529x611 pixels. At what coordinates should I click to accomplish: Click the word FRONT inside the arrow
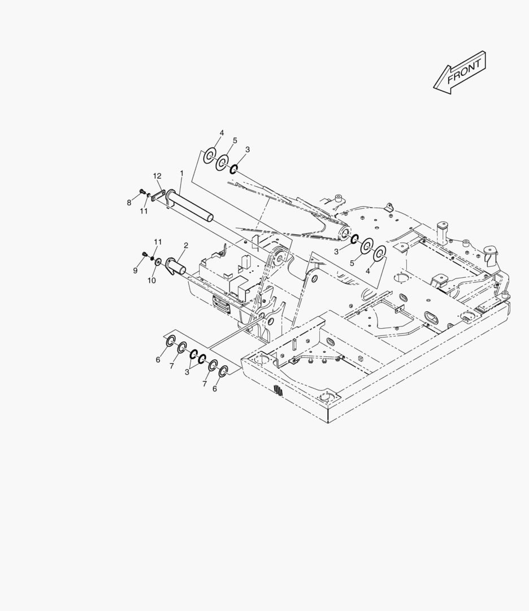[464, 72]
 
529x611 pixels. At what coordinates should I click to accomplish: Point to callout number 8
[129, 202]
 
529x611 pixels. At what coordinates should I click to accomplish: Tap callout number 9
[135, 270]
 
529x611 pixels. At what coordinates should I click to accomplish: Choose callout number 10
[151, 280]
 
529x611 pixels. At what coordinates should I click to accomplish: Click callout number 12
[157, 176]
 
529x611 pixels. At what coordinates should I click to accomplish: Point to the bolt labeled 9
[147, 256]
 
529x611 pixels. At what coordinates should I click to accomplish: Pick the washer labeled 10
[158, 261]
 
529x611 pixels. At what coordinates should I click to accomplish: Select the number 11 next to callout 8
[144, 211]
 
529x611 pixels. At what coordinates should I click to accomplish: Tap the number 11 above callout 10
[158, 242]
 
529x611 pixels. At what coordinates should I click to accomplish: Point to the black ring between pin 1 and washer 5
[232, 168]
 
